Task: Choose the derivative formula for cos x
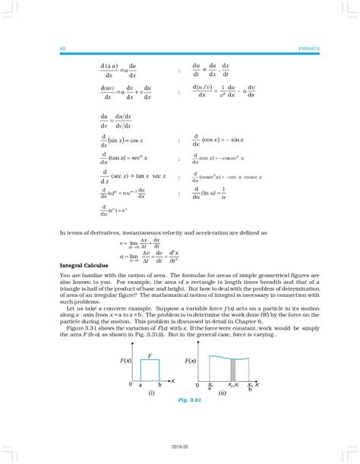tap(226, 140)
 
